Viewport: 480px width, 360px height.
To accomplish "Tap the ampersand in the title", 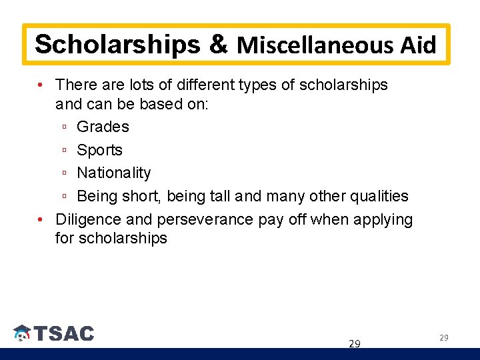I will tap(219, 45).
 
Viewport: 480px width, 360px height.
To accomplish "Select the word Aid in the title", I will tap(418, 45).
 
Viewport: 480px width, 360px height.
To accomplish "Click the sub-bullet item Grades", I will tap(103, 127).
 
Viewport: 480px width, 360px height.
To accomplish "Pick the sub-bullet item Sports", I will tap(99, 150).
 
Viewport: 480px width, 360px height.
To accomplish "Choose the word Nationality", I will tap(114, 173).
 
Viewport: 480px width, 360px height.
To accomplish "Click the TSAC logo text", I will tap(64, 333).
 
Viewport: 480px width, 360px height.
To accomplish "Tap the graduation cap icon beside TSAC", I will tap(22, 333).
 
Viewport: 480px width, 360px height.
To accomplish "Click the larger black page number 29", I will tap(355, 344).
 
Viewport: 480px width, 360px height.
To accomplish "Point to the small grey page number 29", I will tap(443, 338).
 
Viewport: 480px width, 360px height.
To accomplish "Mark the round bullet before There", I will tap(41, 85).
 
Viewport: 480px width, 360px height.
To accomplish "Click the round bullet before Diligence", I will tap(41, 219).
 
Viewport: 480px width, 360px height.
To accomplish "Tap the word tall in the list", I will tap(221, 196).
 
